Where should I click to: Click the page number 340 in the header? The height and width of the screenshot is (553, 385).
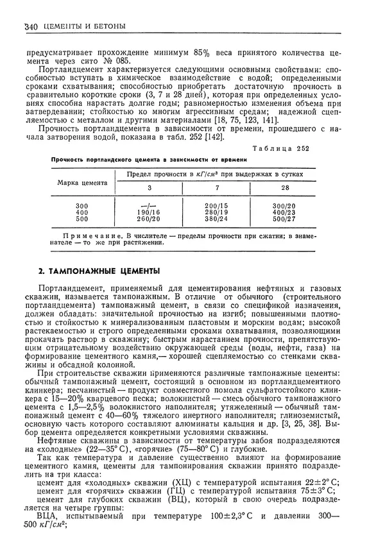click(x=30, y=26)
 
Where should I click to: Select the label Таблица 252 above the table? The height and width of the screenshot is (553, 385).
click(x=280, y=148)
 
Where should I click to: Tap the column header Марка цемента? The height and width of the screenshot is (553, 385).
click(x=82, y=182)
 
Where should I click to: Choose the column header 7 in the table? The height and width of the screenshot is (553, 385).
click(x=216, y=188)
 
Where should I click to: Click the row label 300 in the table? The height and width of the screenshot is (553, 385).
click(x=81, y=205)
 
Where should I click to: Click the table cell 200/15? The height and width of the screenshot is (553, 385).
click(x=216, y=205)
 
